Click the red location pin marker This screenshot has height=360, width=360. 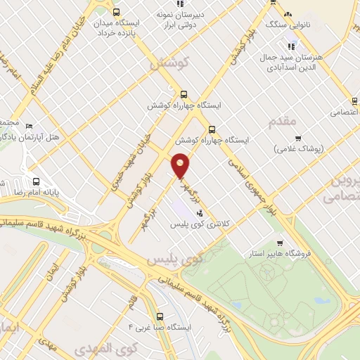[x=181, y=165]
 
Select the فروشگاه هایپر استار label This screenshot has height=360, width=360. [x=278, y=252]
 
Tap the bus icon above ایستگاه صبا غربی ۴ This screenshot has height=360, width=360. [x=161, y=316]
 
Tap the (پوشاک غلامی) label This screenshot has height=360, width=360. [x=297, y=148]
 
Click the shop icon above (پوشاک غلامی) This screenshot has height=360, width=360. [x=298, y=138]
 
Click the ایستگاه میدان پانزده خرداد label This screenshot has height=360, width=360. [x=116, y=27]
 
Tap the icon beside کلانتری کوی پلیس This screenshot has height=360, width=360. [x=200, y=212]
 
